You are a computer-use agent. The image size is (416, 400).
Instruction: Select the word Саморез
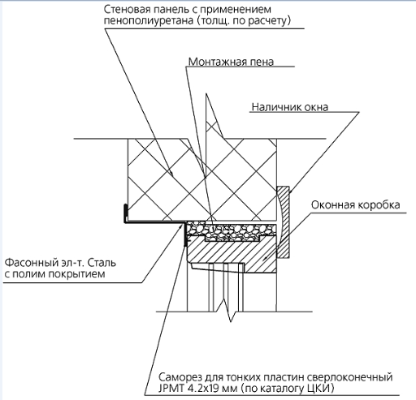point(177,377)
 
